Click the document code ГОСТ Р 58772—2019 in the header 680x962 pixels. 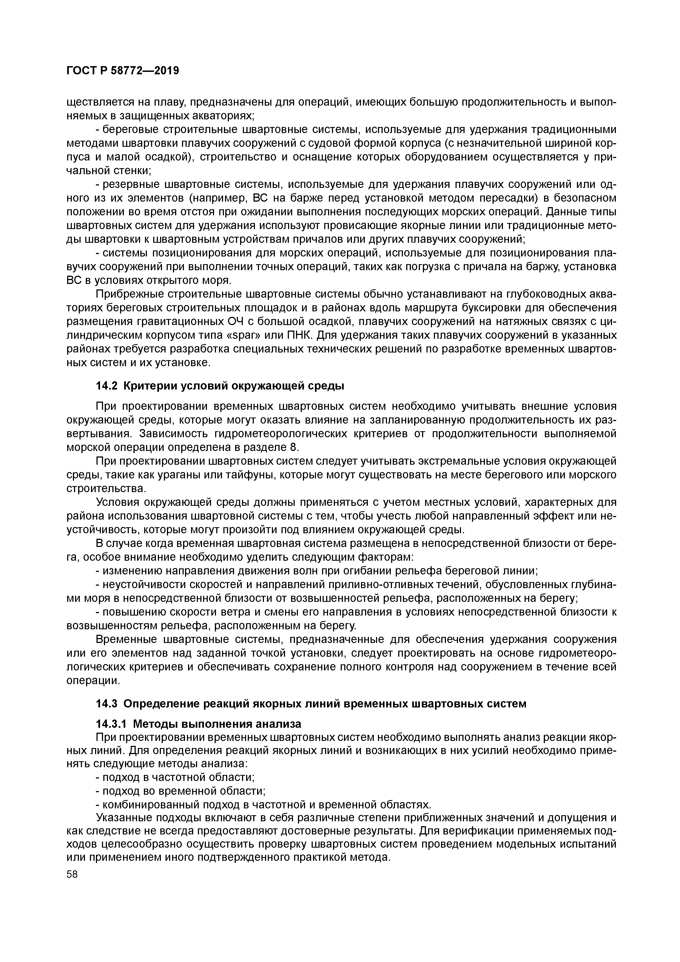[123, 71]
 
